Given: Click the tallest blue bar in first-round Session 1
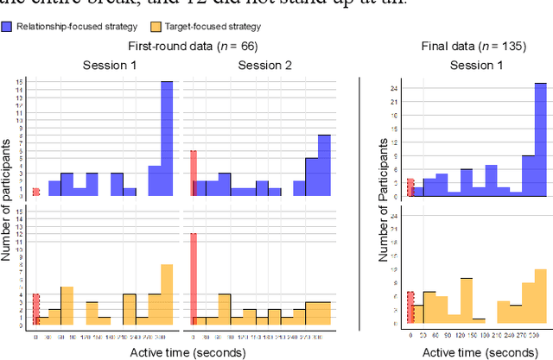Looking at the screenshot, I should coord(167,138).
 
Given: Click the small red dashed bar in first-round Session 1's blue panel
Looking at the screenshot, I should coord(36,192).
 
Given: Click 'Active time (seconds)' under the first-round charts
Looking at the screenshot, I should coord(180,351).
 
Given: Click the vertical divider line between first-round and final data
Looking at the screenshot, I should coord(359,203).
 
